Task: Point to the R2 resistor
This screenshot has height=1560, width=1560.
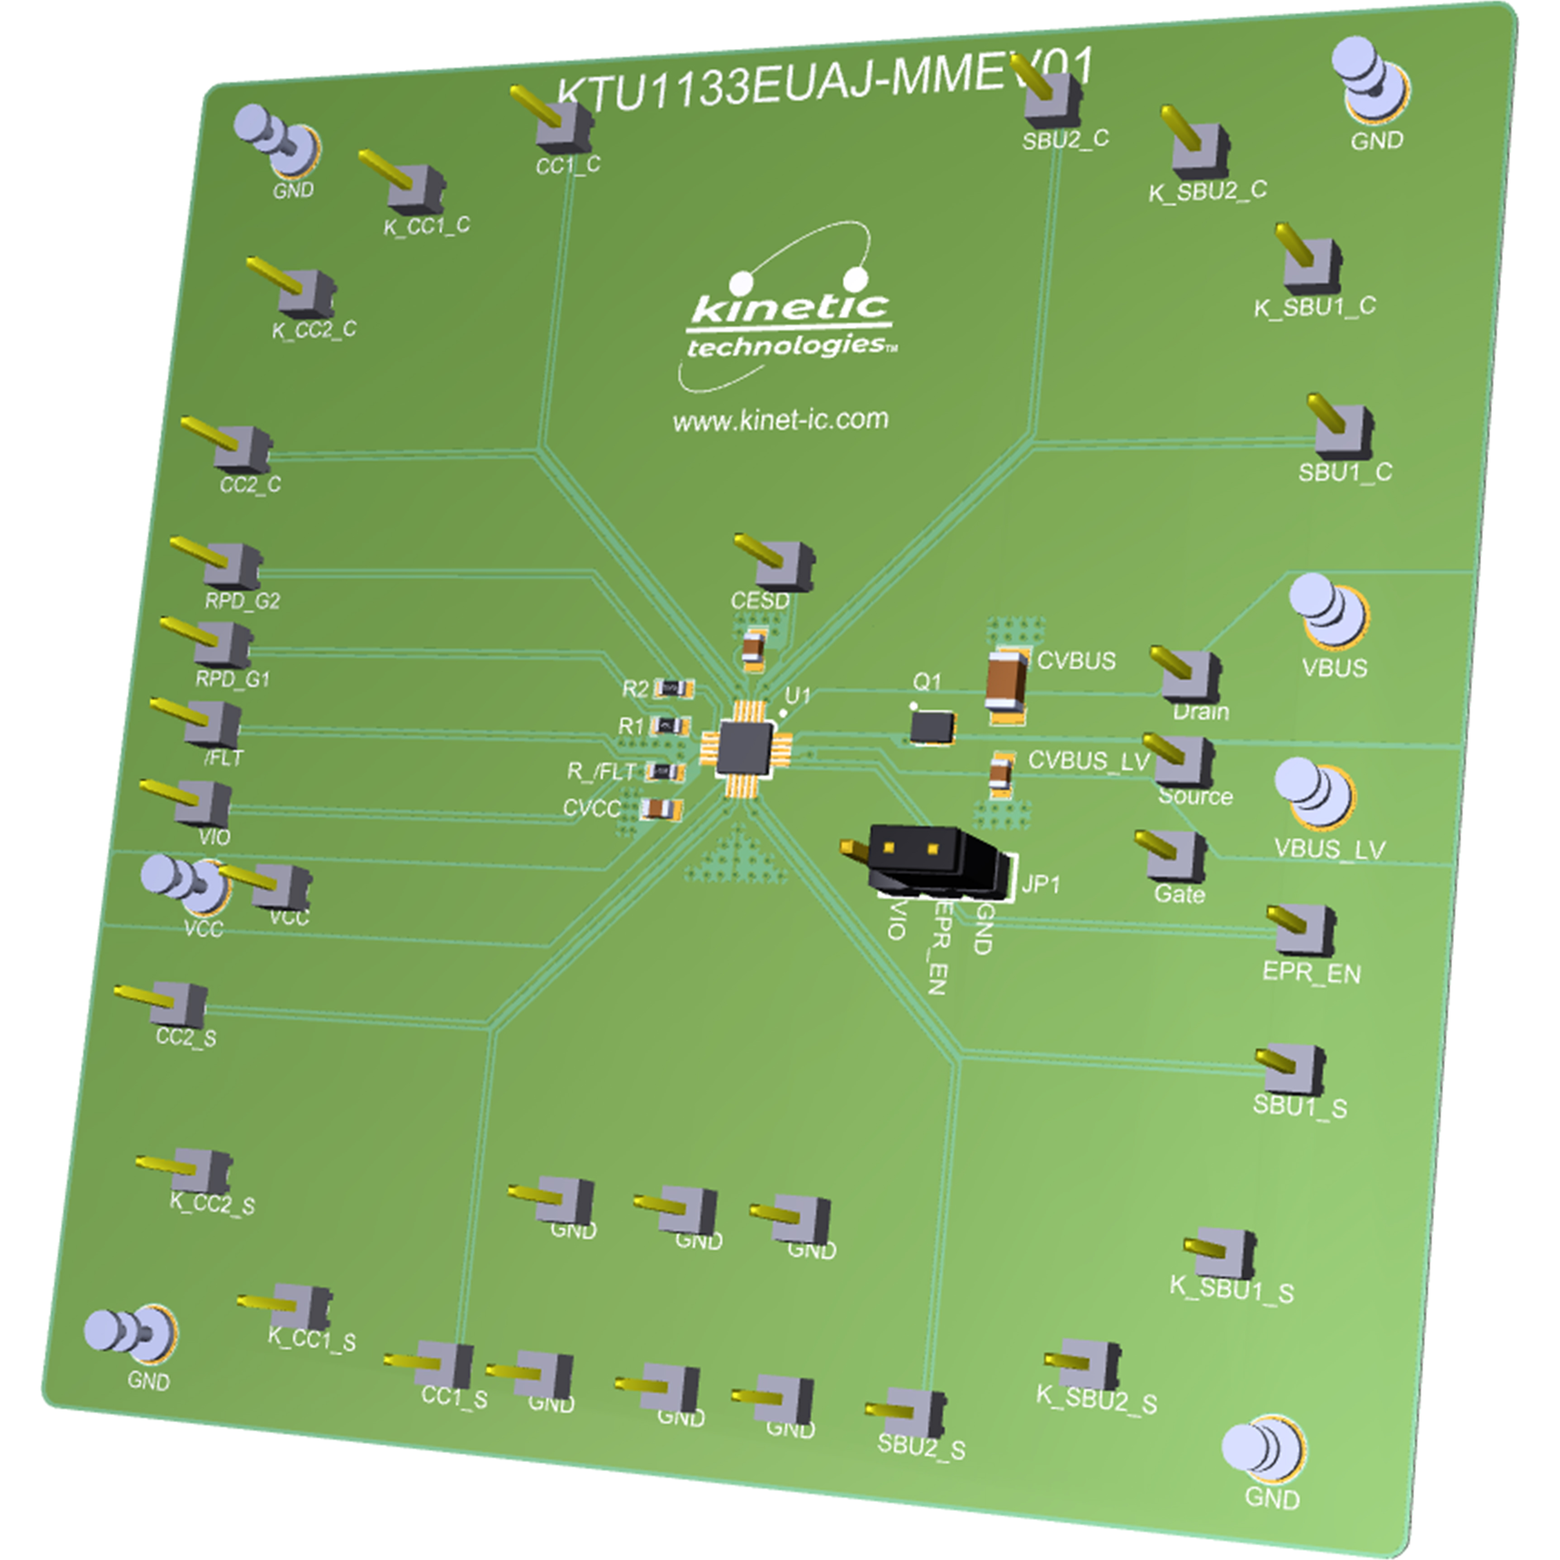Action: [673, 689]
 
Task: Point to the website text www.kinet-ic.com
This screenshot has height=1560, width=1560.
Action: [780, 420]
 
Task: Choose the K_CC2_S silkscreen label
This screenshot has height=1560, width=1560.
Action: [212, 1205]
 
